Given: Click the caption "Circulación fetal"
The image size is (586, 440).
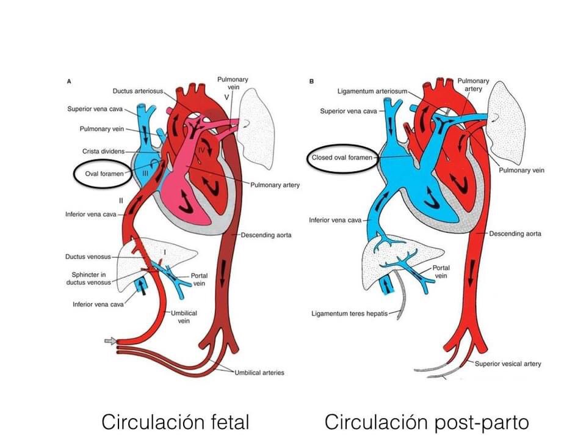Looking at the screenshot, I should [x=175, y=421].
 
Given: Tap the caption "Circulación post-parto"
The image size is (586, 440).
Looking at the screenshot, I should [x=427, y=421].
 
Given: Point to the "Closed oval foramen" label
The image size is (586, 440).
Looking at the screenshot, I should [x=342, y=157].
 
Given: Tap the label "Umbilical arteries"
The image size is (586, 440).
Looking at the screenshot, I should [x=259, y=372].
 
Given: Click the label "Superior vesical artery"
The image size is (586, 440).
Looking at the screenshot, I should [x=508, y=364].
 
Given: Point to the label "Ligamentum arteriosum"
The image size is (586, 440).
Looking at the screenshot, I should [x=372, y=91].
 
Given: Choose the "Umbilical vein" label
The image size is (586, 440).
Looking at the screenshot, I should [x=183, y=317].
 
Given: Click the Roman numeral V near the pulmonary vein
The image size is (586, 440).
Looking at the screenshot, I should [x=226, y=97].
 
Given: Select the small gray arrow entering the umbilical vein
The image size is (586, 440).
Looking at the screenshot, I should [x=110, y=340].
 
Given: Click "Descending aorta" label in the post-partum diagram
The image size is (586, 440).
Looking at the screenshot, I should [x=515, y=233].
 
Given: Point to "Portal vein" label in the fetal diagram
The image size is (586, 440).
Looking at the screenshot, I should [x=199, y=279].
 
